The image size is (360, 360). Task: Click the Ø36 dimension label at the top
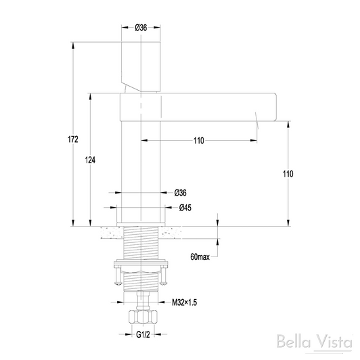141,27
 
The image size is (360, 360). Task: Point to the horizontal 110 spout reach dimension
198,141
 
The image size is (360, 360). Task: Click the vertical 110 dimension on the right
288,174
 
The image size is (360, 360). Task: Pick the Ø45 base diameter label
185,208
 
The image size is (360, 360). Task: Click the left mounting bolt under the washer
119,277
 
